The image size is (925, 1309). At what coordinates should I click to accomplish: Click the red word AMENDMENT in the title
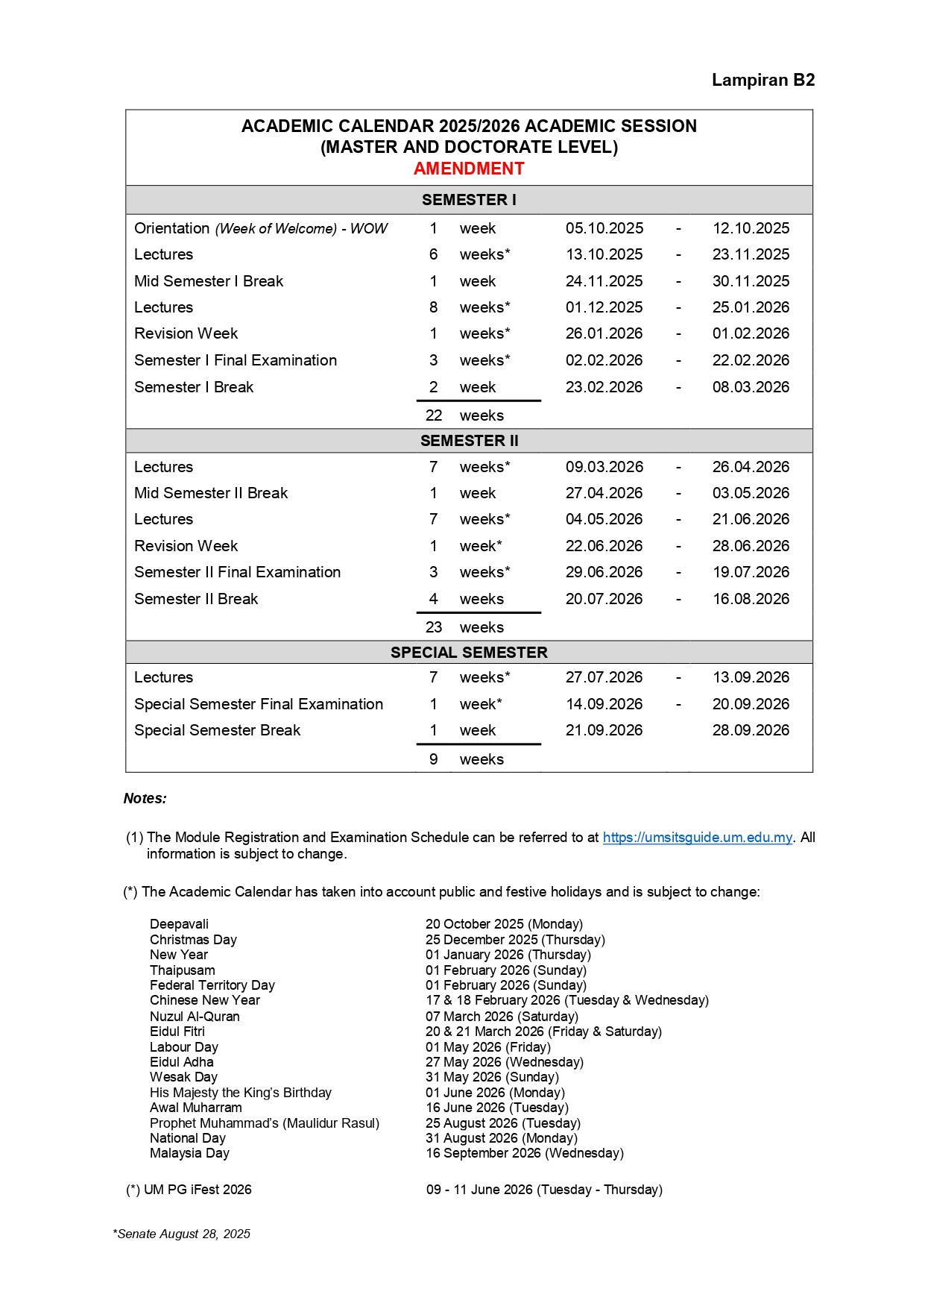point(469,169)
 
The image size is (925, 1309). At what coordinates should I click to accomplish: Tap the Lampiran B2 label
point(763,80)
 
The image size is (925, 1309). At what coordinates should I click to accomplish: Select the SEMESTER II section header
point(469,441)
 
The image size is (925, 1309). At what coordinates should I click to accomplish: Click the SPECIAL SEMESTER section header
point(469,653)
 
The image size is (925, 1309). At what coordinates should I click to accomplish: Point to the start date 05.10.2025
point(604,228)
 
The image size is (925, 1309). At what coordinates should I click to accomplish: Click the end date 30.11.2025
point(751,281)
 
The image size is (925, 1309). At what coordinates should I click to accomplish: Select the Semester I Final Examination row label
point(236,360)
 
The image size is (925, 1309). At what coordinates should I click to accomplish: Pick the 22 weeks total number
point(434,415)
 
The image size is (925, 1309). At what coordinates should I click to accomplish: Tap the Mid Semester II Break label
point(211,493)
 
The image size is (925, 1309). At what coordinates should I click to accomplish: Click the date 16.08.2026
point(751,599)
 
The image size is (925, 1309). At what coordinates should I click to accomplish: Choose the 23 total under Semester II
point(434,627)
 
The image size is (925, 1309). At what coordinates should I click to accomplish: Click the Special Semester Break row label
point(217,730)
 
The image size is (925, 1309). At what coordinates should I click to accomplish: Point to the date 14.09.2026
point(604,704)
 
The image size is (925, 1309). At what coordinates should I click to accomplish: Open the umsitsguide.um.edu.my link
point(697,838)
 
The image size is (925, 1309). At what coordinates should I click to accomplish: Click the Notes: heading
point(145,799)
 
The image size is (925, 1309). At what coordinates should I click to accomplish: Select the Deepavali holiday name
point(179,924)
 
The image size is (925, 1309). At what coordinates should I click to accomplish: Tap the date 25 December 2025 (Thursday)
point(515,940)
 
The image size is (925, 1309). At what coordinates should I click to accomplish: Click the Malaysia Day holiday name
point(189,1153)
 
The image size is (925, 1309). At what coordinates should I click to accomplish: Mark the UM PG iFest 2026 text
point(197,1190)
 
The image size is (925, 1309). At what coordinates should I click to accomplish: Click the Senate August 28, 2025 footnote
point(183,1234)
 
